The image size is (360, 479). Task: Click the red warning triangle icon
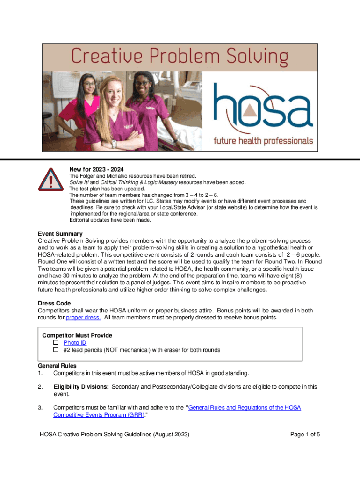(x=50, y=179)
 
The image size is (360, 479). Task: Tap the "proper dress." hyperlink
(x=83, y=318)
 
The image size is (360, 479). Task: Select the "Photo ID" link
(x=75, y=343)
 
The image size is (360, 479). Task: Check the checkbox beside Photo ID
(x=56, y=343)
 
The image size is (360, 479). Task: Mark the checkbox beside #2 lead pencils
(x=56, y=350)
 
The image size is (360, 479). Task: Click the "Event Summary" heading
(x=60, y=234)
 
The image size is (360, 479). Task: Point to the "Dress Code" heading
(x=54, y=303)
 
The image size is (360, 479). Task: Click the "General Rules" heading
(x=57, y=366)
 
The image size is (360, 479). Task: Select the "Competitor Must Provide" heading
(x=77, y=335)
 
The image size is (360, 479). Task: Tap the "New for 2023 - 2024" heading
(x=96, y=169)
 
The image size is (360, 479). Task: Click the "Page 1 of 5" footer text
(x=305, y=435)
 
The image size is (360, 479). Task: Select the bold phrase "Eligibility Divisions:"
(x=81, y=387)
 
